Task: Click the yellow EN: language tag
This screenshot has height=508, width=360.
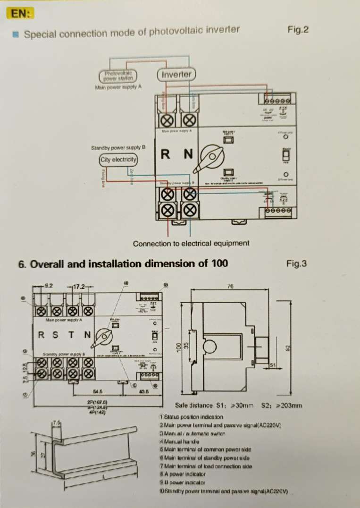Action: [x=21, y=13]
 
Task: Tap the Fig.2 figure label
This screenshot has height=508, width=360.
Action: [x=298, y=30]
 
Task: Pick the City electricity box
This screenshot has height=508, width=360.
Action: [x=118, y=160]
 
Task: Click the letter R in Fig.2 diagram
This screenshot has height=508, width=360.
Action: [x=166, y=154]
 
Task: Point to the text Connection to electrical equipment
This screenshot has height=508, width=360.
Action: [x=191, y=244]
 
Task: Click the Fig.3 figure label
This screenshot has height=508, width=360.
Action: [x=297, y=263]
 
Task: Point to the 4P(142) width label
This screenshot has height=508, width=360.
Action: [x=96, y=412]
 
